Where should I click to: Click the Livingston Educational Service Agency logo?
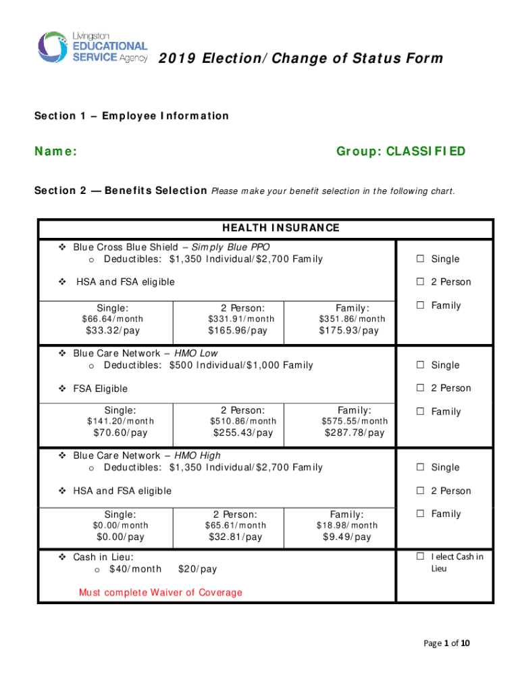tap(92, 47)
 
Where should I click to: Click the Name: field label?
tap(55, 151)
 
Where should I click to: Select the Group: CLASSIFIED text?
tap(400, 151)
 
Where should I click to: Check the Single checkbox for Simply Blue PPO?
tap(420, 259)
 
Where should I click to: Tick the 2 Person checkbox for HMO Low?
tap(420, 389)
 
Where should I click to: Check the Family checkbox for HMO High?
tap(420, 514)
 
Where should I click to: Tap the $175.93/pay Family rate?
tap(349, 330)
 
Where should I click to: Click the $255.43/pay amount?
tap(243, 432)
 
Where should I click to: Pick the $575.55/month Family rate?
tap(355, 421)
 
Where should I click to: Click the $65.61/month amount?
tap(236, 525)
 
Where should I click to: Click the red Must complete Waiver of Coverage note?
tap(161, 593)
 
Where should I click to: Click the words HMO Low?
tap(197, 353)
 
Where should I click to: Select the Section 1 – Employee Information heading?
tap(132, 116)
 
